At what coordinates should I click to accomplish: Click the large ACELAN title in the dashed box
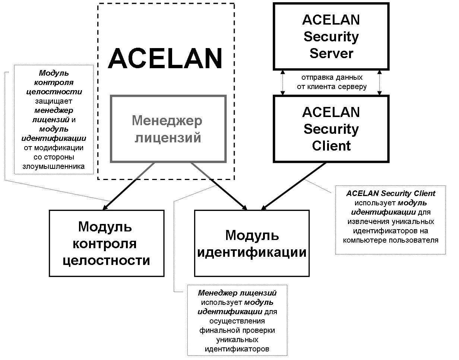click(165, 59)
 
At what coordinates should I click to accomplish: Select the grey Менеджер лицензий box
click(168, 129)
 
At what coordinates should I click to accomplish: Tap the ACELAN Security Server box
click(331, 37)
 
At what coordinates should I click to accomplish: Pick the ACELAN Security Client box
click(331, 129)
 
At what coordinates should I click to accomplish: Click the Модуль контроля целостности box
click(107, 243)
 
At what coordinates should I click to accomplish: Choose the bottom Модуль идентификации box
click(252, 243)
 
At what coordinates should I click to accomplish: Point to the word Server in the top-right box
click(331, 53)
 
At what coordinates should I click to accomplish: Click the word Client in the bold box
click(331, 146)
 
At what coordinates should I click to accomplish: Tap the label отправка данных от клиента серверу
click(332, 82)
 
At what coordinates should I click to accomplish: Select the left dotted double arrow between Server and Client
click(283, 82)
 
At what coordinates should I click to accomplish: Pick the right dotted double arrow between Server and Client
click(379, 82)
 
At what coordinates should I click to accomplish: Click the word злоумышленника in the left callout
click(53, 166)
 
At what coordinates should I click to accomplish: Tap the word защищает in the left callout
click(53, 101)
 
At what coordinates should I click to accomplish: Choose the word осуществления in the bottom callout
click(237, 321)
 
